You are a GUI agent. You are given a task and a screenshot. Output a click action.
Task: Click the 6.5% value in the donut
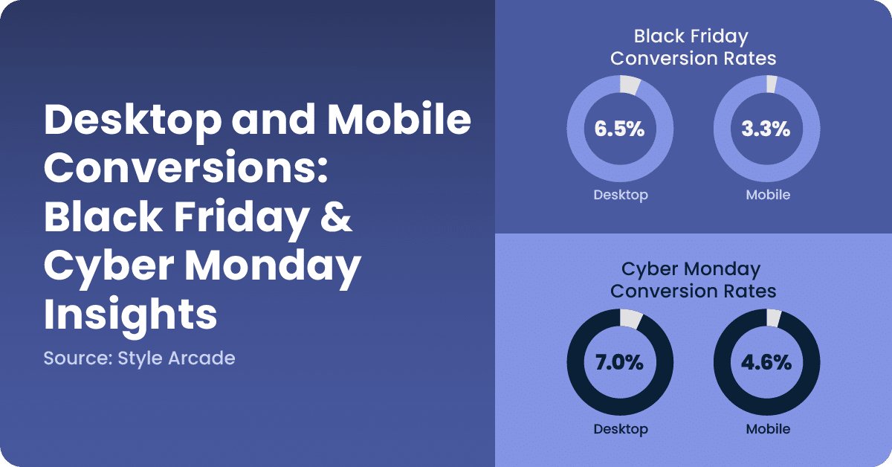point(619,129)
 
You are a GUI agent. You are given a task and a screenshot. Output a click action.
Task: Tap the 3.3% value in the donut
point(766,129)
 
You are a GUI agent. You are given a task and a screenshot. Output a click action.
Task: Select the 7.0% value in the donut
point(619,364)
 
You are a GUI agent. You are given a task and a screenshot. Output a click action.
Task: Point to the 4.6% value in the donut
point(766,364)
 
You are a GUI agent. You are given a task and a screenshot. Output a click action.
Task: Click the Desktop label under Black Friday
point(621,195)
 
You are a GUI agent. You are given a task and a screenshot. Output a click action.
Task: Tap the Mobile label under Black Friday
point(767,195)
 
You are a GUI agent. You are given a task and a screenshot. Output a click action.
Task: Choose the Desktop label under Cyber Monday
point(621,429)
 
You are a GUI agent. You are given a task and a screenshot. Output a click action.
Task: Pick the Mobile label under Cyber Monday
point(767,429)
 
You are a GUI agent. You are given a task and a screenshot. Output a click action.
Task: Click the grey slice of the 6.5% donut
point(629,86)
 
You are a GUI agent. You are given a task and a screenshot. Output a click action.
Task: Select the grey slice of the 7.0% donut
point(630,320)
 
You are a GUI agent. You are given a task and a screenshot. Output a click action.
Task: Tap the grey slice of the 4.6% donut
point(773,319)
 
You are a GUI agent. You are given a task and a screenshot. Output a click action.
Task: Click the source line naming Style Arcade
point(139,358)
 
